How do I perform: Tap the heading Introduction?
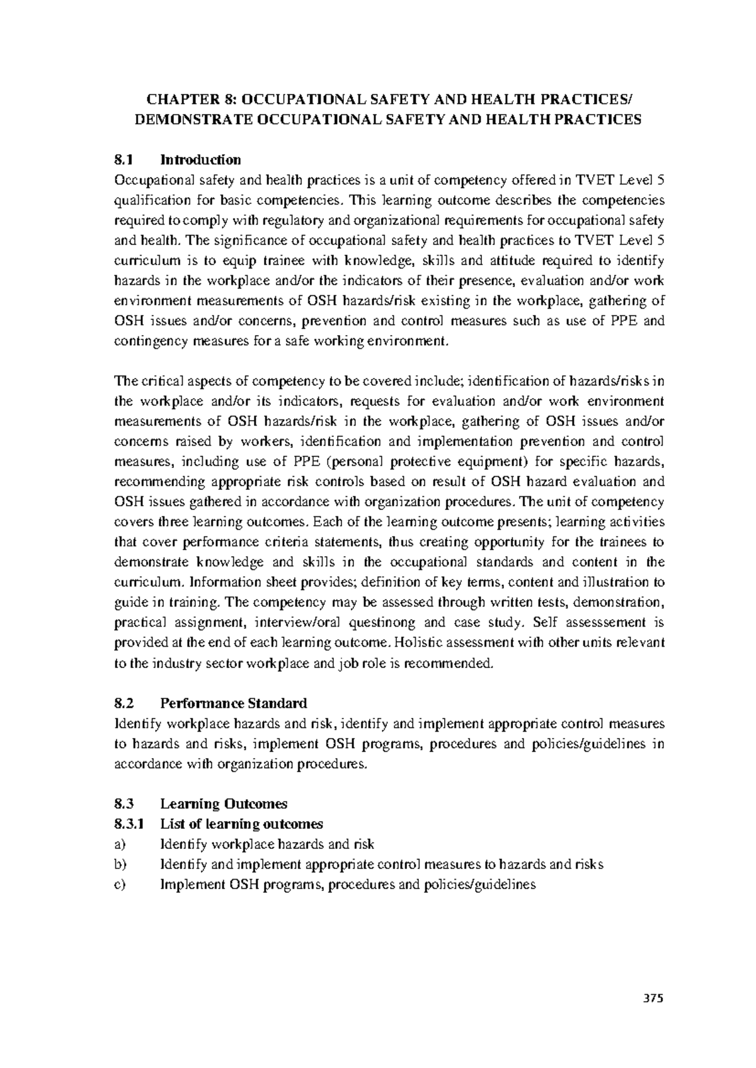tap(200, 160)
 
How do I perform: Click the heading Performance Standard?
tap(233, 703)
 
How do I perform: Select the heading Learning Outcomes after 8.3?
tap(224, 804)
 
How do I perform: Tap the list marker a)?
tap(120, 844)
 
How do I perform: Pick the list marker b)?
tap(120, 864)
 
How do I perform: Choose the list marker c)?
tap(120, 884)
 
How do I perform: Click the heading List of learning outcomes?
tap(241, 824)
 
